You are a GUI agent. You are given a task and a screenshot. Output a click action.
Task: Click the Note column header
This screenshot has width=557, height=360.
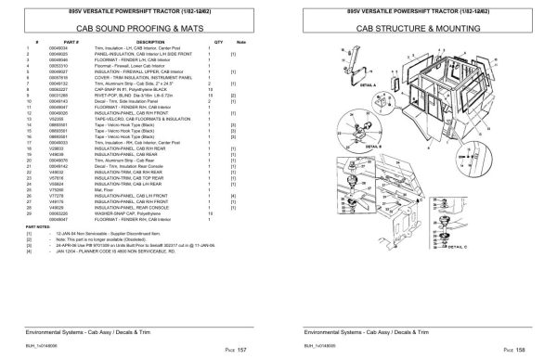239,43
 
